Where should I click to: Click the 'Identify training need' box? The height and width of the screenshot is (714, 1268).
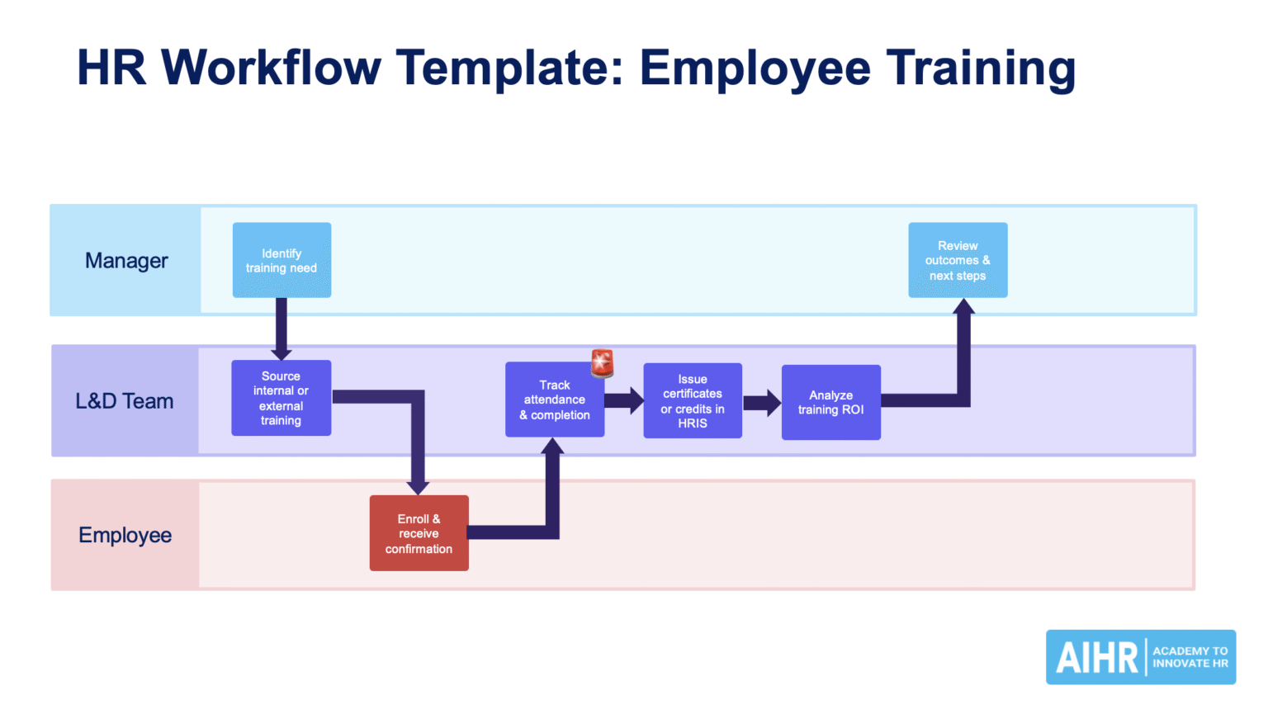tap(282, 260)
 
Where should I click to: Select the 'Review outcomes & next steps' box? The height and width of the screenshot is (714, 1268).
tap(958, 260)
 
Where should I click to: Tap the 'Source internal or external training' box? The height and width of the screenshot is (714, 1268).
tap(281, 398)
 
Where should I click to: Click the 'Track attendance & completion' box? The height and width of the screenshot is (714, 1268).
tap(554, 400)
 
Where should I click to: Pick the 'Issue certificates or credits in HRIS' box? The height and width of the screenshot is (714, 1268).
tap(693, 401)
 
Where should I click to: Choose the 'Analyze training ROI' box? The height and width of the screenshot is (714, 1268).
tap(830, 403)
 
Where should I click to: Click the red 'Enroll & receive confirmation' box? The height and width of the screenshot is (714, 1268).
tap(419, 533)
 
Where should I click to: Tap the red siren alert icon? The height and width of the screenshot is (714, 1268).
tap(603, 362)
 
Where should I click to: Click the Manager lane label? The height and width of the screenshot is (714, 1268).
tap(126, 261)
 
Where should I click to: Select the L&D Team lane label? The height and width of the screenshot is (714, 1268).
tap(125, 401)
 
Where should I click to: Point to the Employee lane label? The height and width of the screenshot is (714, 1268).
tap(125, 535)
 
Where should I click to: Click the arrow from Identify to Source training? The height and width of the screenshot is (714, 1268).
tap(282, 329)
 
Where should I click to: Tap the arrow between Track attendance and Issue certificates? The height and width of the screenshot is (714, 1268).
tap(624, 400)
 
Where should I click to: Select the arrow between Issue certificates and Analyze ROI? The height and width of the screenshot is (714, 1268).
tap(762, 403)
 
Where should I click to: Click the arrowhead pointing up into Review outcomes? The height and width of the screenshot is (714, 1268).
tap(963, 308)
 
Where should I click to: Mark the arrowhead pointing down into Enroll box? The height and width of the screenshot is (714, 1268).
tap(419, 485)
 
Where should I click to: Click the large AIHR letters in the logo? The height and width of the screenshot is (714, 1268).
tap(1096, 658)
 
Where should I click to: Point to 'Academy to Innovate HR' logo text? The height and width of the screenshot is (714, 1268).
tap(1190, 657)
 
